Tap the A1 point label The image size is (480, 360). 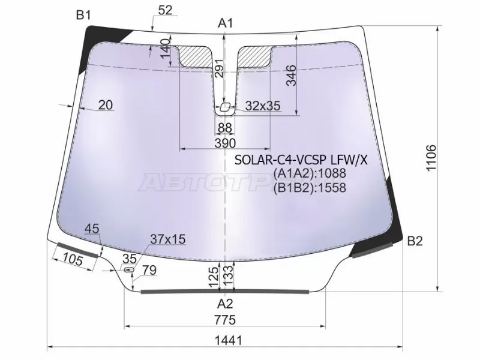tap(225, 23)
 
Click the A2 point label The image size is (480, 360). tap(225, 302)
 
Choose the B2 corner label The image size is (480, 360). tap(415, 241)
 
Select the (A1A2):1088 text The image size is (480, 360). tap(310, 174)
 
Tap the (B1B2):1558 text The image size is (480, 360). tap(310, 187)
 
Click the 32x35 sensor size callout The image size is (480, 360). tap(263, 106)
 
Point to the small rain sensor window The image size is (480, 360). tap(225, 107)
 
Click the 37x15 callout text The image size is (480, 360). tap(167, 239)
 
